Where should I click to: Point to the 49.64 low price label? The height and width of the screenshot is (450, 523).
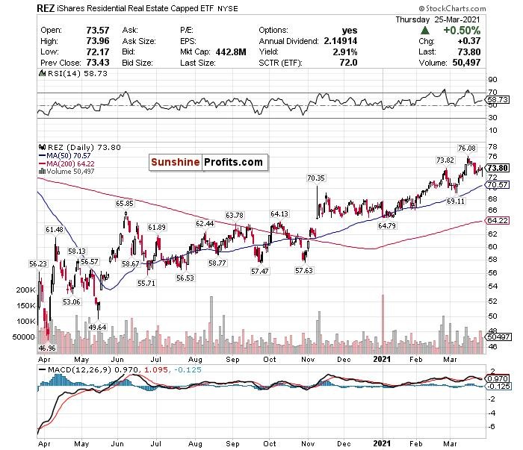98,326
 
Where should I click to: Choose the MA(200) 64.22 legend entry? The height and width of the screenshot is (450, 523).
72,163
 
